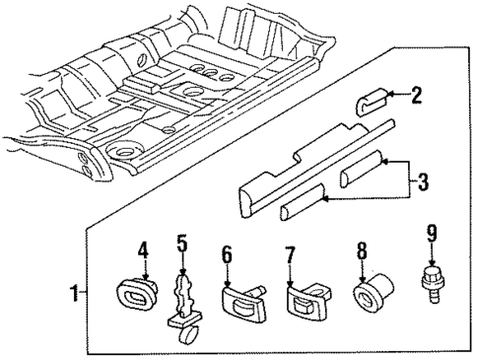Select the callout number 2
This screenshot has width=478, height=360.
point(416,95)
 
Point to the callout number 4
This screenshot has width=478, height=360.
point(142,252)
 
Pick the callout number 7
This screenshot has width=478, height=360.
point(291,255)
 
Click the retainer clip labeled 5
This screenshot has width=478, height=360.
point(183,305)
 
